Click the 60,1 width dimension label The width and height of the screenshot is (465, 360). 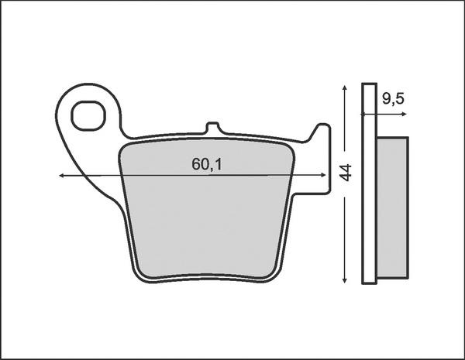tap(207, 164)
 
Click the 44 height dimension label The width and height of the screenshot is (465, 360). tap(345, 173)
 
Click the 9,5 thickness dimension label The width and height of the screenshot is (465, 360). tap(393, 98)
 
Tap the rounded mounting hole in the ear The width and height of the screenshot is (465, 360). tap(88, 116)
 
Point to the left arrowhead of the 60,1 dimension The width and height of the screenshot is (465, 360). tap(61, 176)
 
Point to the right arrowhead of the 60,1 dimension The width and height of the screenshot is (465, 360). tap(323, 175)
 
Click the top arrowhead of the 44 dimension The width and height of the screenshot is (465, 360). tap(344, 87)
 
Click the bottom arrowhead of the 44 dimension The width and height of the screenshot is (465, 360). tap(344, 280)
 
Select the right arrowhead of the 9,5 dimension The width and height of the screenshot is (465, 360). tap(404, 114)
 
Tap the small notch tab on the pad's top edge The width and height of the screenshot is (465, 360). tap(212, 128)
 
